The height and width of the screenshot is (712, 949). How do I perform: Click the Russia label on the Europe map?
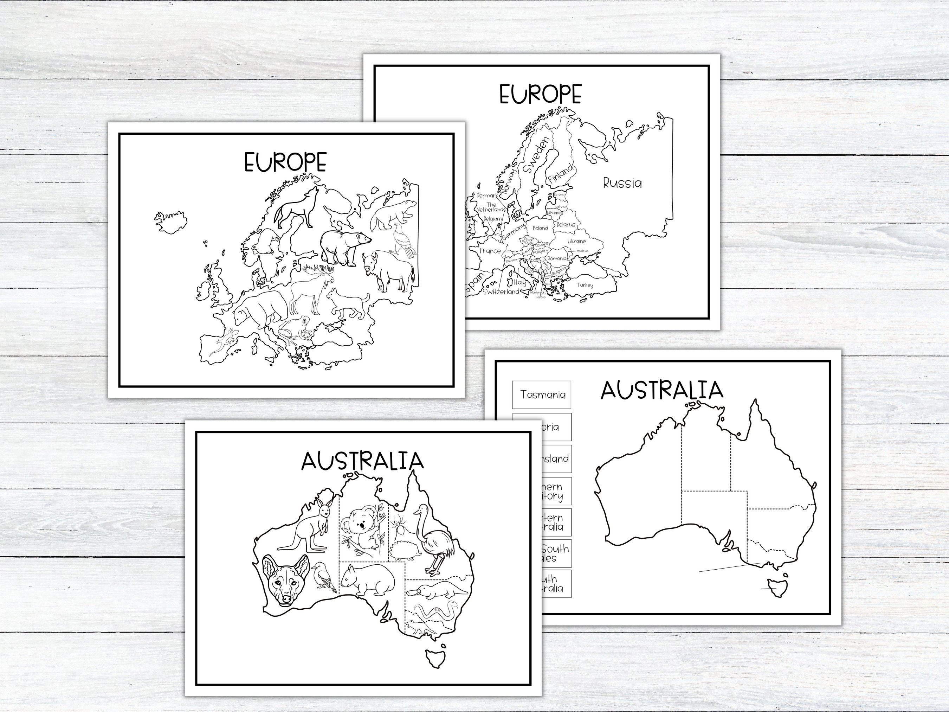[x=622, y=183]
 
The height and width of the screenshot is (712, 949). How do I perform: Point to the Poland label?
[x=540, y=228]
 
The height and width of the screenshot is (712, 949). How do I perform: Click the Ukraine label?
[x=577, y=241]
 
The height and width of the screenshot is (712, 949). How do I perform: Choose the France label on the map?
[x=490, y=251]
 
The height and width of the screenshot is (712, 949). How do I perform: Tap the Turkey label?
[x=585, y=285]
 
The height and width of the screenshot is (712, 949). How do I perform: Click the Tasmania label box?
[x=542, y=395]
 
